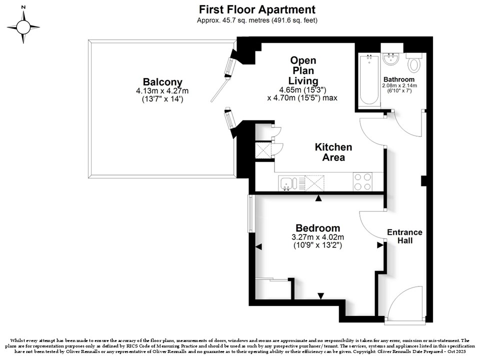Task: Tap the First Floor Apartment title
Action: click(257, 9)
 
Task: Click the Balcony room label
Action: click(162, 82)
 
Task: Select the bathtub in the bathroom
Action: click(369, 80)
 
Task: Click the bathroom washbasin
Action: click(390, 59)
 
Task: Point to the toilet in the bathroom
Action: click(414, 63)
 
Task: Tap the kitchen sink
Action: click(288, 183)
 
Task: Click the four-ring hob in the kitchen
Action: click(363, 182)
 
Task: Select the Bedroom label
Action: click(318, 228)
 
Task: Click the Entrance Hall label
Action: click(404, 236)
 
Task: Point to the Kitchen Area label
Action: click(333, 152)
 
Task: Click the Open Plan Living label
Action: click(303, 70)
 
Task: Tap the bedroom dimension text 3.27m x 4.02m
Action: click(318, 237)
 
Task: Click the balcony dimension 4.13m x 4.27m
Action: click(162, 91)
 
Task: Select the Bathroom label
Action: click(399, 79)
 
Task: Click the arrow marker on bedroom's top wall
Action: click(318, 198)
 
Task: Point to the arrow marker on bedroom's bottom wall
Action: click(320, 296)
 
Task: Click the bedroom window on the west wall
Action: click(251, 213)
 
